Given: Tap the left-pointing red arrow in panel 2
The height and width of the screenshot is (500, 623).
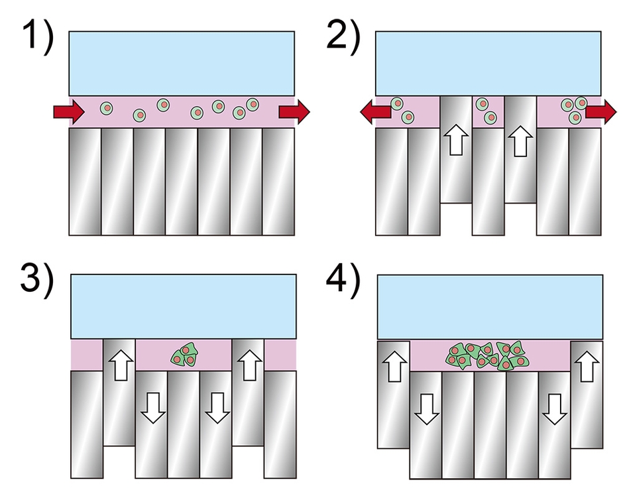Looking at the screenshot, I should [374, 113].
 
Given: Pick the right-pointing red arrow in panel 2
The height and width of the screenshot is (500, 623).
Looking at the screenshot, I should [600, 113].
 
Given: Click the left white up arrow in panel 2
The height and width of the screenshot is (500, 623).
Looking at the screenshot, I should [457, 141].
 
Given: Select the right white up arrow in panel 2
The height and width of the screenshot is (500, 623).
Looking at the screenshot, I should [520, 141].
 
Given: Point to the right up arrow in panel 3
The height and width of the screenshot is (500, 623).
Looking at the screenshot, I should [248, 365].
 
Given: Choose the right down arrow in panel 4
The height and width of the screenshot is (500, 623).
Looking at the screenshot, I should [555, 407].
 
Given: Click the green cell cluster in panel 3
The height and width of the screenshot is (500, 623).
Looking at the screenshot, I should [184, 355].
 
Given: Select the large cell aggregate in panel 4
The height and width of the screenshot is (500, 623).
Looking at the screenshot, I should [489, 355].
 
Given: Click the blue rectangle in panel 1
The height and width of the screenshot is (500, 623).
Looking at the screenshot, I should [182, 63].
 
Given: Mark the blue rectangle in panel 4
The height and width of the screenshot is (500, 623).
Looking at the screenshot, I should [489, 307].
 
